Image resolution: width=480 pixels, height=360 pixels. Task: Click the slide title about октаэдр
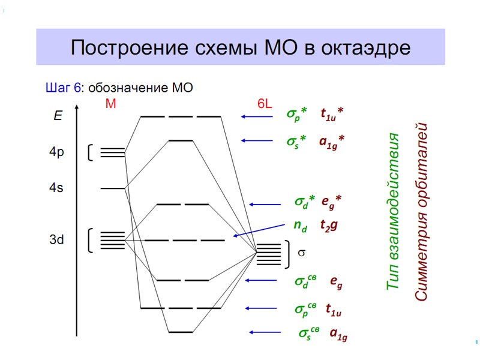240,47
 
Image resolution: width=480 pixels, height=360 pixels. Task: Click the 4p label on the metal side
56,152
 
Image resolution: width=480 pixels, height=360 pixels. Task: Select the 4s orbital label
56,188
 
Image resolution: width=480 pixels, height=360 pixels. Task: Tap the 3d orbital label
56,240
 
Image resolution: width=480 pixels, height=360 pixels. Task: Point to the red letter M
110,104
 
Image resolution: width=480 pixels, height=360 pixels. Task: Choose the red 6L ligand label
265,104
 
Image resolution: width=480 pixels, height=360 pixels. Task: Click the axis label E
58,116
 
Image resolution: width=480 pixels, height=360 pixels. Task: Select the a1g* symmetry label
332,142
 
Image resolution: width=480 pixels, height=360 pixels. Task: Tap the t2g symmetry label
328,226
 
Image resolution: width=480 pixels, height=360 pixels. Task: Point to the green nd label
301,226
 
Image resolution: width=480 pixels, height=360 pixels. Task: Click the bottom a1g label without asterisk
338,334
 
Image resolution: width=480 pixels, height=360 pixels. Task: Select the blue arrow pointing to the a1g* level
256,141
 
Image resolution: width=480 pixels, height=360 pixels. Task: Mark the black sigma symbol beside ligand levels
302,253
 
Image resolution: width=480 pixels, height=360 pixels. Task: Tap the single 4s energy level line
112,188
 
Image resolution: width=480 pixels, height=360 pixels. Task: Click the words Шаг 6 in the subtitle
63,88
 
